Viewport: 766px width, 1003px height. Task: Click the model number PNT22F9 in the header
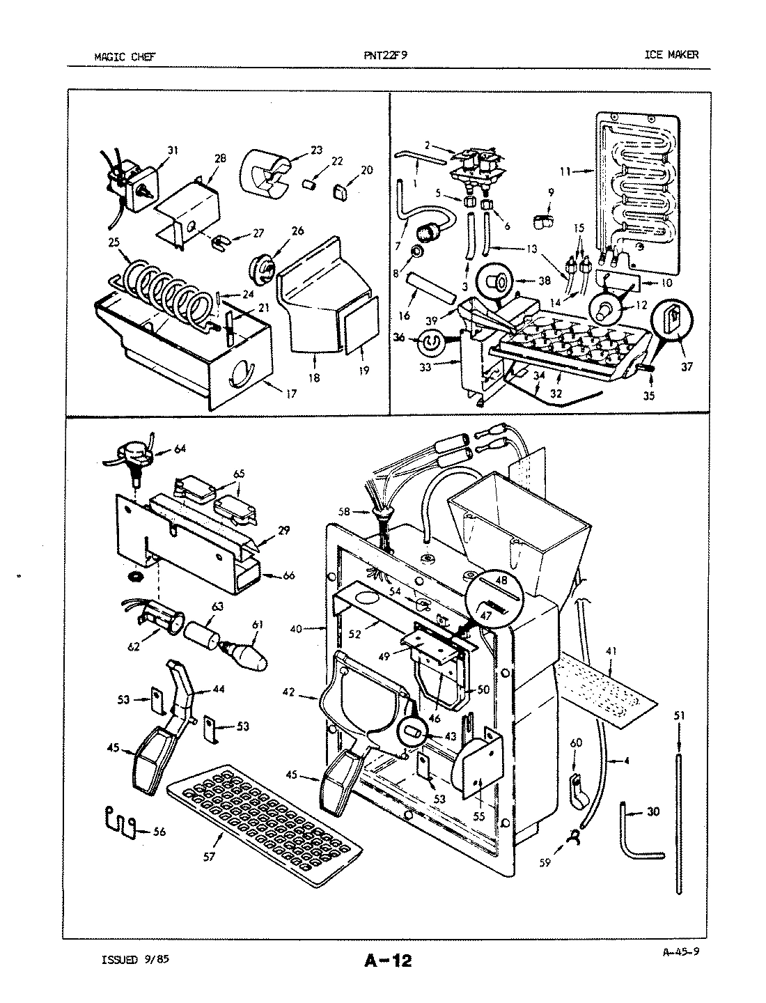[x=385, y=55]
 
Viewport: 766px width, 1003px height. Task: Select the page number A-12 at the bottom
[x=387, y=962]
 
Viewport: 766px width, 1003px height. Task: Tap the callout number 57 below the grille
[x=209, y=857]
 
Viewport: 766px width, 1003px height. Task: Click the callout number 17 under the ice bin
[x=290, y=394]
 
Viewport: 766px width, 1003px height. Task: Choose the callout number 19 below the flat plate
[x=364, y=371]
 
